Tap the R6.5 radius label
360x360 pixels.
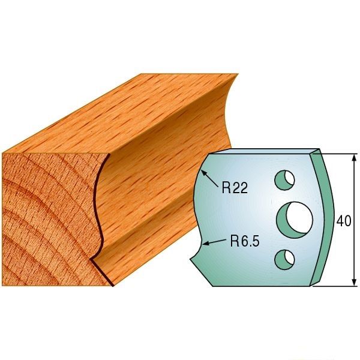(244, 242)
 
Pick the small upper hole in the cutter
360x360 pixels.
(284, 179)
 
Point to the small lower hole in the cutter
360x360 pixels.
(284, 258)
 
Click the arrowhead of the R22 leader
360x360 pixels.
(204, 172)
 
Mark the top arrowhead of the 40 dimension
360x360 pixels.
(350, 157)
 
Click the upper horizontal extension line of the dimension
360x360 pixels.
(336, 153)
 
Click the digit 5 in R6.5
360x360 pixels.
(254, 242)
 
